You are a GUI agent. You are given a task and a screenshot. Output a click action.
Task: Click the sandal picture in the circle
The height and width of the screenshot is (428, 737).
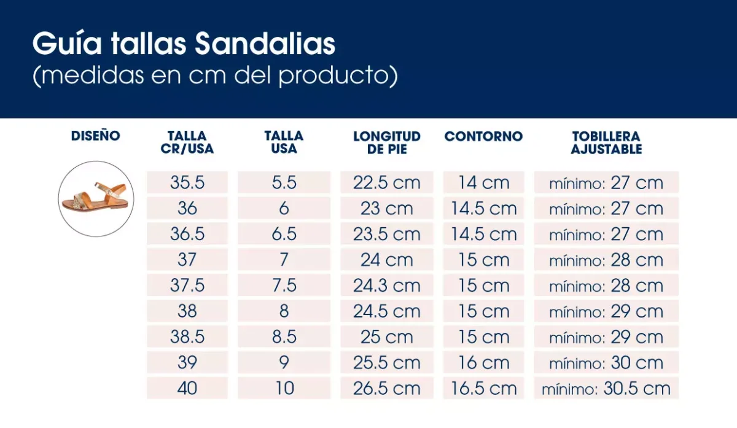(96, 199)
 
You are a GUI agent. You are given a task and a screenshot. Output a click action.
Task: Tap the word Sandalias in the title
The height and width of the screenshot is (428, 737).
(265, 44)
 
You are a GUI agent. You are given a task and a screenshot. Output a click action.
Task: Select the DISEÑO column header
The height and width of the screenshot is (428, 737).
(96, 136)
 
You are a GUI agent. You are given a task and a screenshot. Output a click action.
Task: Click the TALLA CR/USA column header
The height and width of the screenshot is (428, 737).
(187, 142)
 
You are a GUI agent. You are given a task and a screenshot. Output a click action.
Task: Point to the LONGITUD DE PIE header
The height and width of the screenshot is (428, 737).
(387, 142)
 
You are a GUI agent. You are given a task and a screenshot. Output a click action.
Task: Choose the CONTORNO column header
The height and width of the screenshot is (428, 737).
(483, 136)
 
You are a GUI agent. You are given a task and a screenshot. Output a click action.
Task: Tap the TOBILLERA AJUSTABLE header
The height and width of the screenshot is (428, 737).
(606, 142)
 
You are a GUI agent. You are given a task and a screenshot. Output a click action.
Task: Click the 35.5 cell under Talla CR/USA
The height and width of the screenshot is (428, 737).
(187, 183)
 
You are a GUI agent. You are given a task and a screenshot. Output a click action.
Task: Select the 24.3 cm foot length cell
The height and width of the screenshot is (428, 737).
(387, 286)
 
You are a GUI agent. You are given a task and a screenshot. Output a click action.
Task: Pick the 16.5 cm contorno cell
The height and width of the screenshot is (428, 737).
(483, 388)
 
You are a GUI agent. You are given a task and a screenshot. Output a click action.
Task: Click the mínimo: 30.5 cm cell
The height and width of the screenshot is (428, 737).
(606, 388)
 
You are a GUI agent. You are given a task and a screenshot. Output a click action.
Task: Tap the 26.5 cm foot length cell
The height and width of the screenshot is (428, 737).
(387, 388)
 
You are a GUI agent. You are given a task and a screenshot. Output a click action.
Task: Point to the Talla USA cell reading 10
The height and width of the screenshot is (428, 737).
(284, 388)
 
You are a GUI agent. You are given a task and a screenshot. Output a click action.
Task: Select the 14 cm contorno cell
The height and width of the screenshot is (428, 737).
(483, 183)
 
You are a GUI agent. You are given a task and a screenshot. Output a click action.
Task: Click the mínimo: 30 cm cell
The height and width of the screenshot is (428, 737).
(606, 362)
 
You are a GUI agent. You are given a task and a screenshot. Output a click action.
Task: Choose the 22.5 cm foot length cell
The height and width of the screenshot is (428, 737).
(387, 183)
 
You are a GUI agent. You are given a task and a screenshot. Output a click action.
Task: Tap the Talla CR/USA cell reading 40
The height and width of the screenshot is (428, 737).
(187, 388)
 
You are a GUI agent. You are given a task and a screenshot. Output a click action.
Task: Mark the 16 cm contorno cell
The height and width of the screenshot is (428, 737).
(483, 362)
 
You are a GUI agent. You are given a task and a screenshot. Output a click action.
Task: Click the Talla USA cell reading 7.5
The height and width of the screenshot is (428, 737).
(284, 286)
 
